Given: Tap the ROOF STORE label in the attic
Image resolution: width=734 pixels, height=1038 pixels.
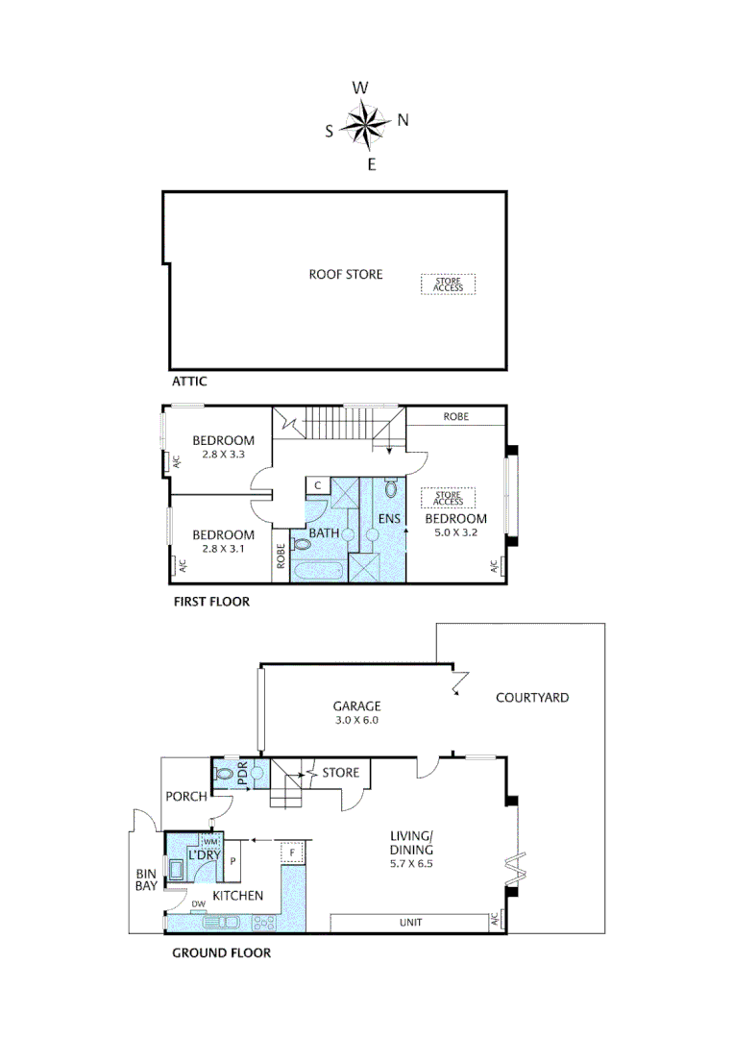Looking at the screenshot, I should [x=345, y=275].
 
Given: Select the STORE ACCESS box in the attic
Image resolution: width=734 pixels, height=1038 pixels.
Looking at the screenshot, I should [x=448, y=284].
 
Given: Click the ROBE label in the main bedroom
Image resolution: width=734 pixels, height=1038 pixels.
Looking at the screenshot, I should [x=456, y=417].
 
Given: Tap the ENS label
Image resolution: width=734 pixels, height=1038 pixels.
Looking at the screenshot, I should [x=389, y=520].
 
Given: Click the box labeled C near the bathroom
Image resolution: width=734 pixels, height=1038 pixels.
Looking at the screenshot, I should [x=316, y=486].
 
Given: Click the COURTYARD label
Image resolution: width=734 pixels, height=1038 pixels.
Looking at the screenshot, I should [x=531, y=698].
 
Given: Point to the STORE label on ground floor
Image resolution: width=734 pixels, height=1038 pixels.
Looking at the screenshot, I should [x=340, y=773].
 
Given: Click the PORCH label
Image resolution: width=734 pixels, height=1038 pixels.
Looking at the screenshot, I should [x=185, y=796].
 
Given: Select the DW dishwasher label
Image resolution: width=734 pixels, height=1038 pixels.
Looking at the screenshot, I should [x=199, y=904].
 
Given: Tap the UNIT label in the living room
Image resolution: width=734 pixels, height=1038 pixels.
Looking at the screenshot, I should [x=410, y=924].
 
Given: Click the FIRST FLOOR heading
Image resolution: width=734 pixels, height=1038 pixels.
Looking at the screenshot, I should [x=210, y=603].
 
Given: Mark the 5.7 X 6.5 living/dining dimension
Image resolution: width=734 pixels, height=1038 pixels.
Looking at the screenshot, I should [x=412, y=864].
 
